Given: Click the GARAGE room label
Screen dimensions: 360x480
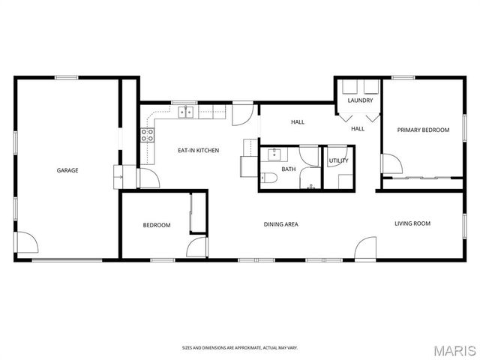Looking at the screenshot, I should point(67,170).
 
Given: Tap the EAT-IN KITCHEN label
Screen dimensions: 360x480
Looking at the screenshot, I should point(198,151).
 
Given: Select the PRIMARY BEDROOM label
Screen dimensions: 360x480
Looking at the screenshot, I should point(424,130).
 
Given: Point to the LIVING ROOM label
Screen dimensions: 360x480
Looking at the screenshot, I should point(413,223).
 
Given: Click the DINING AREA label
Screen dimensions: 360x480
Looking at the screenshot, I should point(281,224).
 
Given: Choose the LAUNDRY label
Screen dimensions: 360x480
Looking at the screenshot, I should point(360,100).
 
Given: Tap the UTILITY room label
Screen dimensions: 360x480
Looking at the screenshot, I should point(338,160).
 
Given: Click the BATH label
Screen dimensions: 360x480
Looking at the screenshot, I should point(289,169).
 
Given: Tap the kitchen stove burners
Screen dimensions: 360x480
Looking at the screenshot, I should point(148,136).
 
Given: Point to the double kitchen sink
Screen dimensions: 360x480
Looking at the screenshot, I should point(186,112).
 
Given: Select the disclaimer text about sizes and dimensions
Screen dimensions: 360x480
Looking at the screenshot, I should point(239,347).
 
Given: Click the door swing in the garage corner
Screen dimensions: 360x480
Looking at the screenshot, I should point(28,243).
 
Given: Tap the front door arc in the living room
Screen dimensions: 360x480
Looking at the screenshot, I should point(365,248).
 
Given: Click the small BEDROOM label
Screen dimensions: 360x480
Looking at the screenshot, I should point(157,225).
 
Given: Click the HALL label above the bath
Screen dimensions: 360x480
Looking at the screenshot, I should point(298,121).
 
